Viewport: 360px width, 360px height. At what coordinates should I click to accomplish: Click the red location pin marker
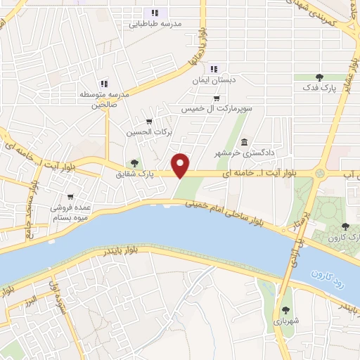(181, 165)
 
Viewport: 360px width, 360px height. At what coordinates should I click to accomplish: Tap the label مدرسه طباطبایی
(155, 23)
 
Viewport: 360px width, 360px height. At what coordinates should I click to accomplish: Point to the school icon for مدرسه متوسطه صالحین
(103, 83)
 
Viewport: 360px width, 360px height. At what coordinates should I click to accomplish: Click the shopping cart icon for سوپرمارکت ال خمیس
(217, 98)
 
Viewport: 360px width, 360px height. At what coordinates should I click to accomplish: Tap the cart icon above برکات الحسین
(148, 121)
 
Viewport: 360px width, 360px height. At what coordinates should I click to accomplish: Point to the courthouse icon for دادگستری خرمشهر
(244, 140)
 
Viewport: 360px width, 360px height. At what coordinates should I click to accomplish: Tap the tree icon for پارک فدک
(319, 77)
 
